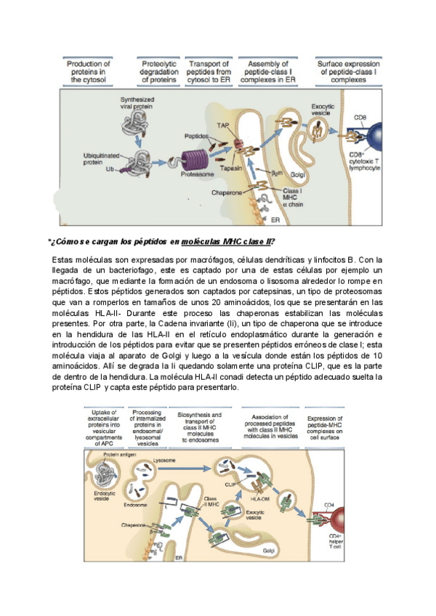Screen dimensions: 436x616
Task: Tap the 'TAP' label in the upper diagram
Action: pos(223,126)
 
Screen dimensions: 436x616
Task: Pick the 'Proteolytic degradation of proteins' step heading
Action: pos(158,72)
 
